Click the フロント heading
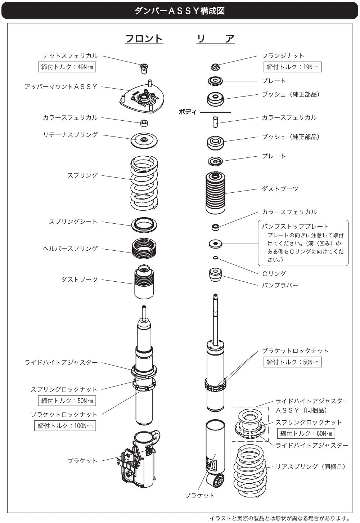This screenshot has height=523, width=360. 144,39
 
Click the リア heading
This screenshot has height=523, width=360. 215,39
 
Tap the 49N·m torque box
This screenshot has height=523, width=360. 67,67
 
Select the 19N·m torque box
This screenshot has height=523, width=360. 292,67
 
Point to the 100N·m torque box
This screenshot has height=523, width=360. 65,425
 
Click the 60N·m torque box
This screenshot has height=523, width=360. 306,433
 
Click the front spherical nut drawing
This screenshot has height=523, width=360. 144,69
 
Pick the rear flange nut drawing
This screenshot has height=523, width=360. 215,67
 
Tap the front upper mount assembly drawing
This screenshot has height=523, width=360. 142,97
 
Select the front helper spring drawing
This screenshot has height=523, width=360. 144,249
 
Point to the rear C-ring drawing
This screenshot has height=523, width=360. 215,258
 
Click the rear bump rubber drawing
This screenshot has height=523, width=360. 215,274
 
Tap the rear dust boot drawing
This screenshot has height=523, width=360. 215,193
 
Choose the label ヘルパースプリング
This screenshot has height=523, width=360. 70,249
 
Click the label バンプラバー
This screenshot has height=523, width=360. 280,285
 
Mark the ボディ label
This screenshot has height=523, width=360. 188,112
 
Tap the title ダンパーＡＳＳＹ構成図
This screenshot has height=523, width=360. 180,11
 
